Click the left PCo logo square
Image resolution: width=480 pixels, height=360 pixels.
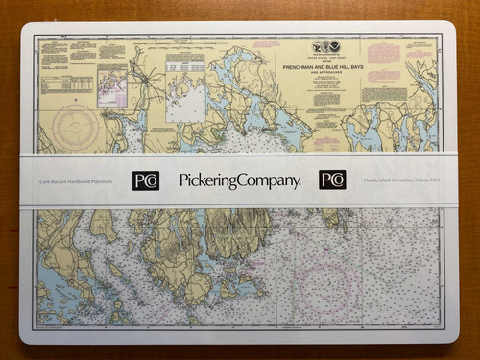(146, 180)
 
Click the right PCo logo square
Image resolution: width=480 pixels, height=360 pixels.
(332, 180)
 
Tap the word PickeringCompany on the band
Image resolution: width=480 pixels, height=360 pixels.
(239, 180)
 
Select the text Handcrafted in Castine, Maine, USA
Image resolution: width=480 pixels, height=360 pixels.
(400, 180)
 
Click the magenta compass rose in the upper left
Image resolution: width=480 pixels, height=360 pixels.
(74, 125)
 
